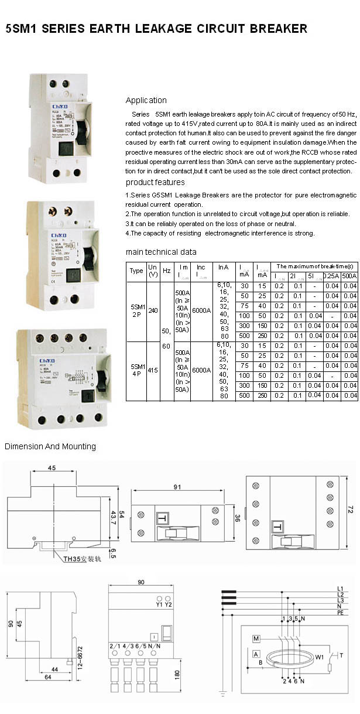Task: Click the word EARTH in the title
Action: [x=109, y=28]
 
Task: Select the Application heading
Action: [x=146, y=100]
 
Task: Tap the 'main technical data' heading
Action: [x=161, y=252]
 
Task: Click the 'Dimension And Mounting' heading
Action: [x=50, y=446]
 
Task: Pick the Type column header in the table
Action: [x=136, y=271]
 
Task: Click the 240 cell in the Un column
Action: [x=153, y=311]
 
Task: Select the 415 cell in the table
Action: [x=153, y=370]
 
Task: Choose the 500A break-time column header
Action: [x=349, y=275]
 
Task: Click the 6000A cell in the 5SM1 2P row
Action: [x=201, y=311]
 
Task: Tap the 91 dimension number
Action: [x=177, y=487]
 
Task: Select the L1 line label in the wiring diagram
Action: [x=340, y=588]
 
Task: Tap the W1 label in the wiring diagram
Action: [x=319, y=657]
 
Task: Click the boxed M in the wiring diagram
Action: [x=256, y=638]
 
